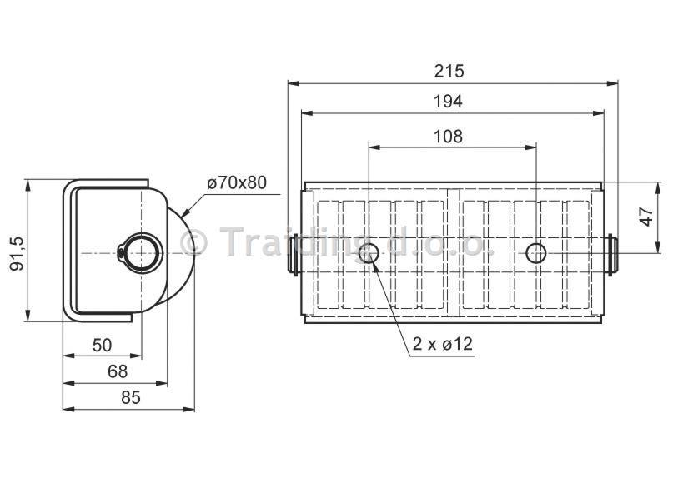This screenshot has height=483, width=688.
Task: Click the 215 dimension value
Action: tap(449, 71)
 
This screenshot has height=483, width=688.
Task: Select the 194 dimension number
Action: tap(448, 102)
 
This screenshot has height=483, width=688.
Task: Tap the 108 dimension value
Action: tap(448, 137)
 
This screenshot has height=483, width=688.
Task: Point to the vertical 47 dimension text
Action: tap(646, 217)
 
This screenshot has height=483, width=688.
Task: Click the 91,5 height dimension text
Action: tap(18, 253)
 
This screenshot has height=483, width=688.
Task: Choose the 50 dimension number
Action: tap(103, 346)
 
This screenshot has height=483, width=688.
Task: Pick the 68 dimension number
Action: tap(118, 371)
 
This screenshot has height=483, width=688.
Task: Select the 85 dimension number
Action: tap(131, 398)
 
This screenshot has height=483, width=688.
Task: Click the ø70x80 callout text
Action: tap(237, 182)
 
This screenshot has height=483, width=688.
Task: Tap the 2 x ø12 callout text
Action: tap(443, 344)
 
